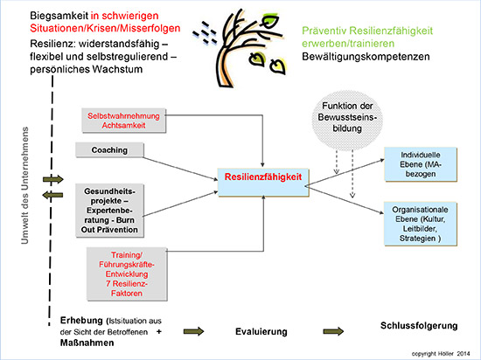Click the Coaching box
click(109, 149)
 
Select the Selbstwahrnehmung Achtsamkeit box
click(123, 121)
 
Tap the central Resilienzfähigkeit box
click(263, 182)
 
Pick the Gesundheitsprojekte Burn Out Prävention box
click(109, 211)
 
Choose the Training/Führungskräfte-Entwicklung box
click(127, 273)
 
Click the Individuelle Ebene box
click(421, 164)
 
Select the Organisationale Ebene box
click(421, 224)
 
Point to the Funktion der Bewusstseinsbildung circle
click(347, 120)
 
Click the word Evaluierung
click(261, 331)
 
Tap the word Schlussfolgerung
click(419, 326)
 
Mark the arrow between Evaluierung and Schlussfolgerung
click(333, 331)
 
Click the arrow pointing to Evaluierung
click(193, 331)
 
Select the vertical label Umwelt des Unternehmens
click(24, 185)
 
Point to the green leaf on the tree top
click(270, 21)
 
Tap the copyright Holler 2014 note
click(441, 354)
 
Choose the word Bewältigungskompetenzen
click(366, 57)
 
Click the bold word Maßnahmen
click(87, 343)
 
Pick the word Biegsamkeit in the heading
click(59, 16)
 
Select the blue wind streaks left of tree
click(205, 32)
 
